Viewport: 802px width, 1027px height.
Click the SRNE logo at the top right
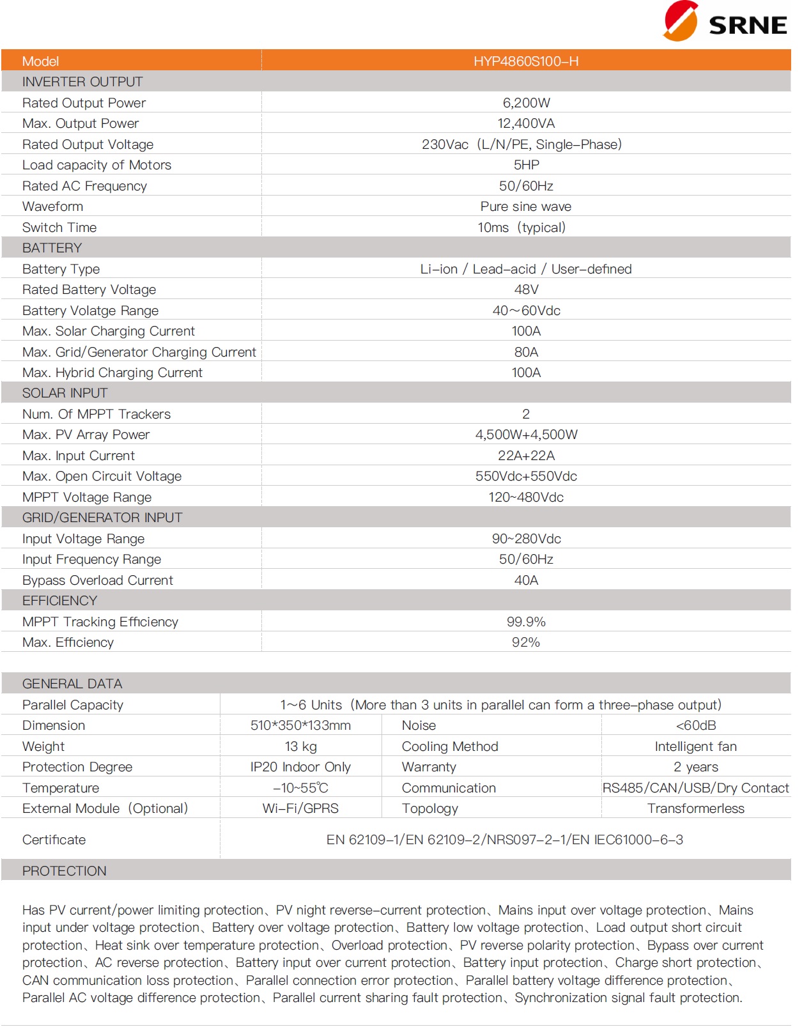pyautogui.click(x=725, y=22)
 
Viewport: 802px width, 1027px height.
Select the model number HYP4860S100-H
pyautogui.click(x=526, y=61)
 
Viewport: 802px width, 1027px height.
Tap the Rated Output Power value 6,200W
pyautogui.click(x=526, y=103)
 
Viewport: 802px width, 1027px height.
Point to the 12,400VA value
pyautogui.click(x=526, y=123)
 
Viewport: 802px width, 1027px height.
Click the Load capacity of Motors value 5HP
pyautogui.click(x=526, y=165)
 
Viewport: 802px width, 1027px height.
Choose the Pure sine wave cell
pyautogui.click(x=526, y=206)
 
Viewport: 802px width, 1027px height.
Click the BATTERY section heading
pyautogui.click(x=52, y=248)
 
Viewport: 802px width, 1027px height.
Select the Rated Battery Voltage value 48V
pyautogui.click(x=526, y=290)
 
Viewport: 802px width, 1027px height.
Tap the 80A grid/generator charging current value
pyautogui.click(x=526, y=352)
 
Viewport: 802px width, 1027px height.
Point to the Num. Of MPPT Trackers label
pyautogui.click(x=96, y=414)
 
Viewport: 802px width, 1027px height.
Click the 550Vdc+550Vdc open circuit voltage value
pyautogui.click(x=526, y=476)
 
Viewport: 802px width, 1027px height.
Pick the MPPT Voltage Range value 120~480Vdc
pyautogui.click(x=526, y=497)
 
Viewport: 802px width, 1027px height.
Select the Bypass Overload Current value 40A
pyautogui.click(x=526, y=580)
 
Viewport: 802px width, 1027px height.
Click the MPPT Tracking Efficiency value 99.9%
pyautogui.click(x=526, y=622)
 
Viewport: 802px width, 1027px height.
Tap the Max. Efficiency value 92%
pyautogui.click(x=526, y=642)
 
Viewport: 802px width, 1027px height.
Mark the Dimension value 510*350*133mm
pyautogui.click(x=300, y=725)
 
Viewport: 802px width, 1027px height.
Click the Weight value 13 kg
pyautogui.click(x=300, y=746)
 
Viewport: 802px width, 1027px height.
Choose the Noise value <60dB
pyautogui.click(x=696, y=725)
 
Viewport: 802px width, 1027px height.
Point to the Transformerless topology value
pyautogui.click(x=696, y=808)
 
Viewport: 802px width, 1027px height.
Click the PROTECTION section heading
pyautogui.click(x=65, y=871)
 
